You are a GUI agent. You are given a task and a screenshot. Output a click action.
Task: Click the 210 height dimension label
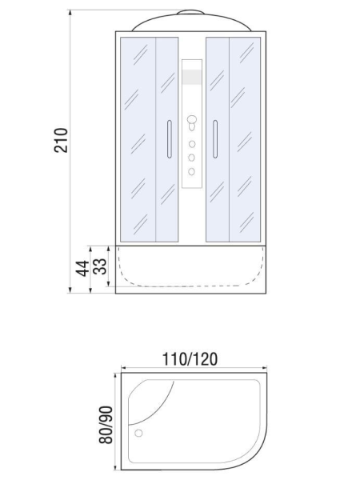coord(61,141)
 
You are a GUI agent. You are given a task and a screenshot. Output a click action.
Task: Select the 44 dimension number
coord(82,269)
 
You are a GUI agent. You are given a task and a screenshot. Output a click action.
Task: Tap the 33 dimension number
coord(100,266)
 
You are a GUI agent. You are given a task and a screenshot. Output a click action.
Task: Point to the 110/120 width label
coord(190,359)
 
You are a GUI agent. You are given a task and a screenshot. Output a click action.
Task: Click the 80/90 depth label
coord(106,425)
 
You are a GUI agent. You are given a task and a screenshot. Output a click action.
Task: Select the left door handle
coord(170,139)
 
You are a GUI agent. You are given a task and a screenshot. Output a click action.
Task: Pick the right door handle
coord(215,139)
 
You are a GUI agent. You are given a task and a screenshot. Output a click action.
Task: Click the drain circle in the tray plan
coord(138,433)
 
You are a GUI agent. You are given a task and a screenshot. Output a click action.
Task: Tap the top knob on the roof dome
coord(190,12)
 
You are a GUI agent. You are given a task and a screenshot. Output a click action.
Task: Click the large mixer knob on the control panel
coord(192,120)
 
